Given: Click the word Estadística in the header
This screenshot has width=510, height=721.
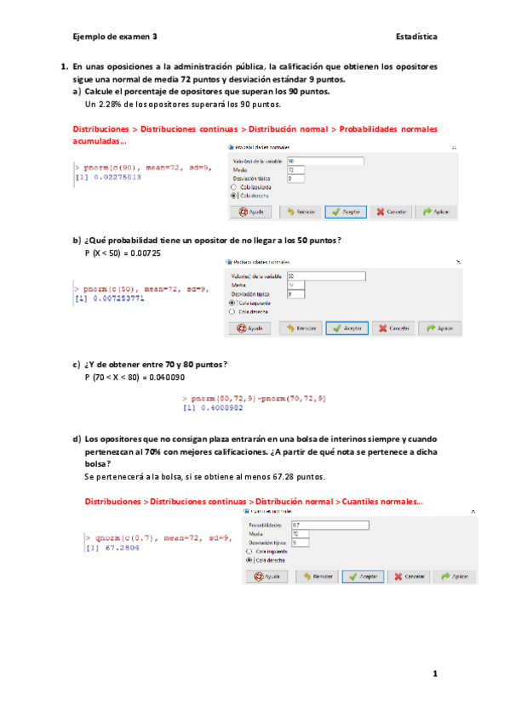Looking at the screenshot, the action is click(x=416, y=37).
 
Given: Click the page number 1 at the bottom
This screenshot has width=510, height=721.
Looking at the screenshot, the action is click(x=434, y=674).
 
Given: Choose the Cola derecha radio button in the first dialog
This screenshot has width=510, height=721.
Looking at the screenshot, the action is click(x=234, y=195).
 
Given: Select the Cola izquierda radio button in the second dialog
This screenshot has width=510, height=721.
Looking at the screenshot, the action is click(x=232, y=302).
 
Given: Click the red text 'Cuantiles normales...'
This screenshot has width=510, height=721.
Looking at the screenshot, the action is click(x=379, y=502).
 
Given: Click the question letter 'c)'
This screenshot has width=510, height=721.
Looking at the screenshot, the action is click(x=77, y=364).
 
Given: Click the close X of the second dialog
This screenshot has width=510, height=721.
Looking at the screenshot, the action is click(x=457, y=263).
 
